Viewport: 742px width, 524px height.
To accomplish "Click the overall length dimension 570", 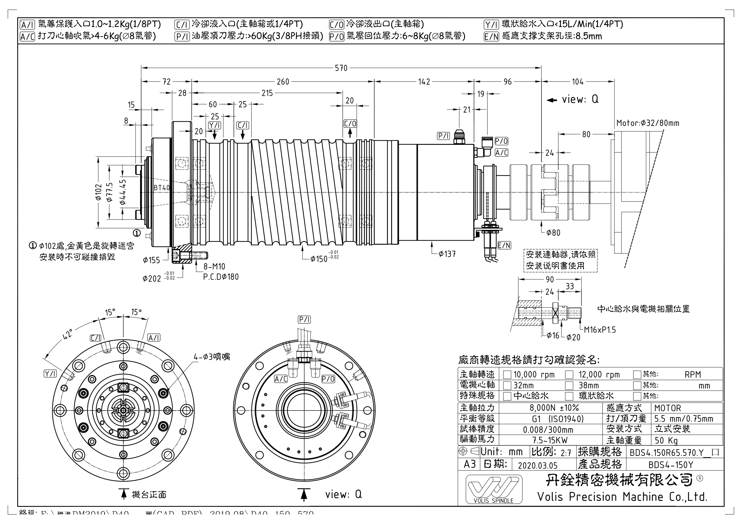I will tap(341, 68).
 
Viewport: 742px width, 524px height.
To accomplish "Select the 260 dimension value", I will tap(283, 82).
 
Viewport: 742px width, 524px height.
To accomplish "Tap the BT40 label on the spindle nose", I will tap(161, 188).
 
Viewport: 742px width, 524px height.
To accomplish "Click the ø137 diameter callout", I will tap(447, 255).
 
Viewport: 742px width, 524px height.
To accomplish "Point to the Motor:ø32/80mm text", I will tap(648, 123).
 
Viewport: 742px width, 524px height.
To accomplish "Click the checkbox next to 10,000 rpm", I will tap(507, 375).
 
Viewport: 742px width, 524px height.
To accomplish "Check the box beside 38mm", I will tap(569, 385).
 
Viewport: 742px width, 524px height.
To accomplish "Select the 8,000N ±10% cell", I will tap(554, 408).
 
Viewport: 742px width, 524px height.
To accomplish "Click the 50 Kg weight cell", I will tap(666, 440).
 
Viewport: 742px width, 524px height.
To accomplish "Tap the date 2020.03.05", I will tap(538, 465).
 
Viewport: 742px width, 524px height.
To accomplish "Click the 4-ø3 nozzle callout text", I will tap(212, 357).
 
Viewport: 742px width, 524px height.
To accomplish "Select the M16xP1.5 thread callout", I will tap(600, 330).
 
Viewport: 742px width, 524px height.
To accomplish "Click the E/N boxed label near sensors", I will tap(504, 245).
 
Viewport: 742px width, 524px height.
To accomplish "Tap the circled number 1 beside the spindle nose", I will tap(137, 233).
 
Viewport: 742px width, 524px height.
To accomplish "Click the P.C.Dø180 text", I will tap(221, 277).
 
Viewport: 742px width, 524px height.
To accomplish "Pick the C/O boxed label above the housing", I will tap(350, 124).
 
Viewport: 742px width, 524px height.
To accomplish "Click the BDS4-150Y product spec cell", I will tap(671, 465).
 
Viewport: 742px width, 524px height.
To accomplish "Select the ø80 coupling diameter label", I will tap(553, 233).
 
